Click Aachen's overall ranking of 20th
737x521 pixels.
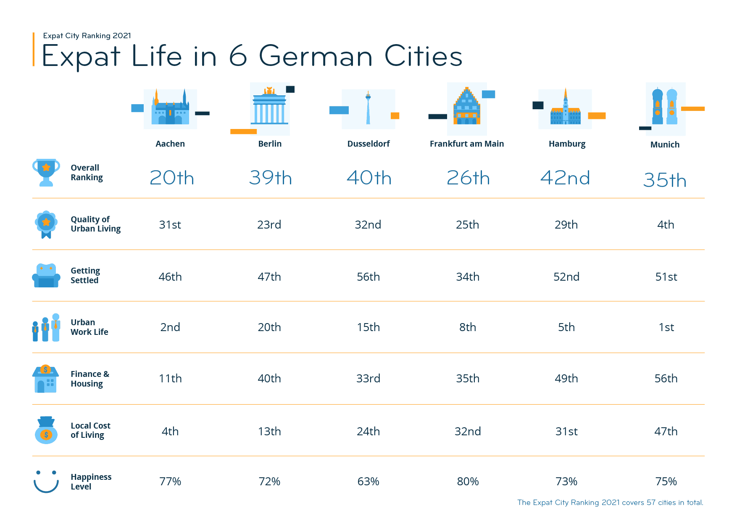coord(171,178)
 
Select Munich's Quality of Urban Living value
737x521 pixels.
coord(666,225)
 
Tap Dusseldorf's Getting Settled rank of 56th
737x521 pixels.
coord(368,277)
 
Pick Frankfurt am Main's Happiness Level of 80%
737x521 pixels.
coord(468,482)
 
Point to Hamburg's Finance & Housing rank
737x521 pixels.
coord(566,379)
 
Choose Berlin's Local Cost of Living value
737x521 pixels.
coord(269,432)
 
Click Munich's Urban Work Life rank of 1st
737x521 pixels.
coord(666,327)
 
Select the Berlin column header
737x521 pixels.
coord(270,144)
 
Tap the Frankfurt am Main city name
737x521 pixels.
coord(466,144)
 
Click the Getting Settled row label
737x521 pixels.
coord(85,275)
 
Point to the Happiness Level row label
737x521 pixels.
coord(91,482)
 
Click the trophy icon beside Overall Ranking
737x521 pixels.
coord(46,172)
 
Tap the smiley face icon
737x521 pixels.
coord(46,482)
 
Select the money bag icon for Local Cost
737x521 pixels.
coord(46,430)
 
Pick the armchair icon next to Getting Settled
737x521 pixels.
coord(46,276)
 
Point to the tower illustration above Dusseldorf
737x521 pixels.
coord(368,108)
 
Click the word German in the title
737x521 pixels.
coord(316,56)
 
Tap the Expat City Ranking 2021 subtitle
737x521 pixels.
coord(87,36)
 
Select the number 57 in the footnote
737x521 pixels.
coord(651,503)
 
